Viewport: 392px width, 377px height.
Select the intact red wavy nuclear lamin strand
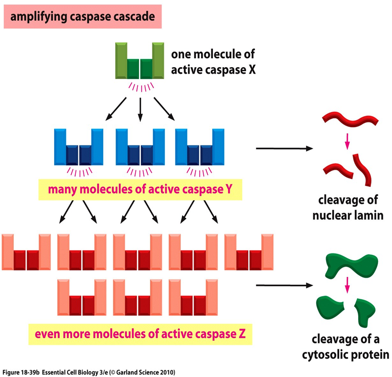tap(351, 121)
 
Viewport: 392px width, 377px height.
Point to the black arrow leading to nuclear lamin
tap(284, 149)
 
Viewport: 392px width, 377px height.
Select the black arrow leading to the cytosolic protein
tap(284, 285)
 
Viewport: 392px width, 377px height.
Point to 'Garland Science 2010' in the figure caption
tap(148, 371)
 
